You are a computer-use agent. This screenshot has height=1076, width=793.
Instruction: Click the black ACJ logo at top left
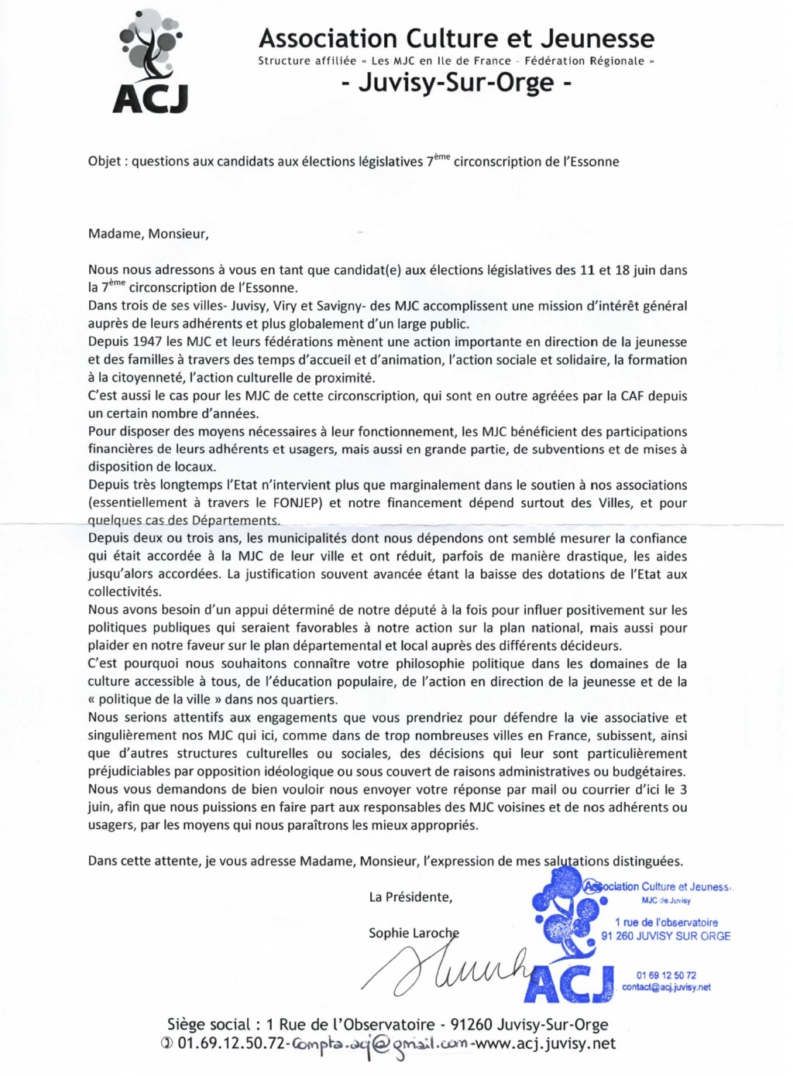pos(150,62)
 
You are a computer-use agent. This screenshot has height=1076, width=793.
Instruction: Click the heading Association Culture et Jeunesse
pos(456,38)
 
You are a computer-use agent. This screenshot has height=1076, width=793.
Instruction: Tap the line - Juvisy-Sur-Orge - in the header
pos(456,82)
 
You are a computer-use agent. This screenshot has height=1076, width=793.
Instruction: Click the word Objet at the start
pos(104,162)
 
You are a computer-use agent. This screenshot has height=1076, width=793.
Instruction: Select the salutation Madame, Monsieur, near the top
pos(148,234)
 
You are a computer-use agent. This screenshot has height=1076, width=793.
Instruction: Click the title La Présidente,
pos(410,897)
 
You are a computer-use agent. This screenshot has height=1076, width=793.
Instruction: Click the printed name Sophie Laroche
pos(414,933)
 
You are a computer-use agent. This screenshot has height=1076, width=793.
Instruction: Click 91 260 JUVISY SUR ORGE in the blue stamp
pos(665,936)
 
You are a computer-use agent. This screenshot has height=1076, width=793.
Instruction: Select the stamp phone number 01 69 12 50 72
pos(666,975)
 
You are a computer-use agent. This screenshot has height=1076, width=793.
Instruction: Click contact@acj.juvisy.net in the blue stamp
pos(666,987)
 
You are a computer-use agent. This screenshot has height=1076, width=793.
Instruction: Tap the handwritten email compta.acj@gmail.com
pos(379,1045)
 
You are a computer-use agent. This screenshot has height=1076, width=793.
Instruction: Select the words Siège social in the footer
pos(209,1025)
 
